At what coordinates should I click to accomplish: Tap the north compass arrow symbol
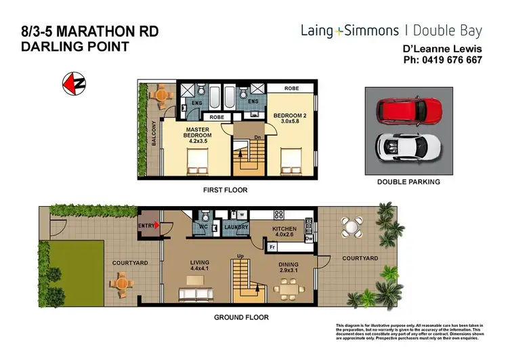(x=73, y=83)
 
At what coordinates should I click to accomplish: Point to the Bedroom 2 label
(x=290, y=119)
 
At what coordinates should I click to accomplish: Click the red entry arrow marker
(x=158, y=226)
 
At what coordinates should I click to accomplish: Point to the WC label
(x=203, y=227)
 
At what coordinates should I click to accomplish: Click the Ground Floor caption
(x=242, y=317)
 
